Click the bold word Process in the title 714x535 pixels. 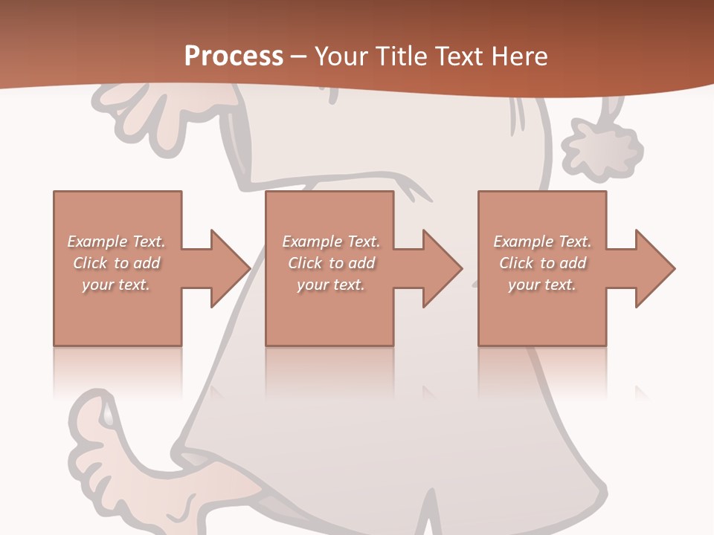pyautogui.click(x=234, y=56)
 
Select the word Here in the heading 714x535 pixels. pyautogui.click(x=518, y=56)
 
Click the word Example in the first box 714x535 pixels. pyautogui.click(x=97, y=241)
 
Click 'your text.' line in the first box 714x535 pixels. pyautogui.click(x=116, y=285)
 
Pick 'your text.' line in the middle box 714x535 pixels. pyautogui.click(x=331, y=285)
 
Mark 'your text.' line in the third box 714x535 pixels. pyautogui.click(x=542, y=285)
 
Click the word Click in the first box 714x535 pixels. pyautogui.click(x=90, y=263)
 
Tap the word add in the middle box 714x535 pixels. pyautogui.click(x=362, y=263)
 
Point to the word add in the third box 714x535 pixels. pyautogui.click(x=573, y=263)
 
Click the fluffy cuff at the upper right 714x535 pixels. pyautogui.click(x=601, y=149)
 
